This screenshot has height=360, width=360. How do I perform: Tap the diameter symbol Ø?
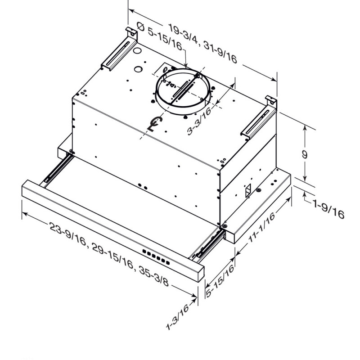click(x=140, y=27)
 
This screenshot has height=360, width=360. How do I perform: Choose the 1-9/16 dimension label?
click(x=328, y=209)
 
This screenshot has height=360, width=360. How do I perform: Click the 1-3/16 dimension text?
click(x=177, y=317)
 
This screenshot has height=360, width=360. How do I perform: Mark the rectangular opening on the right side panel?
click(x=248, y=191)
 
